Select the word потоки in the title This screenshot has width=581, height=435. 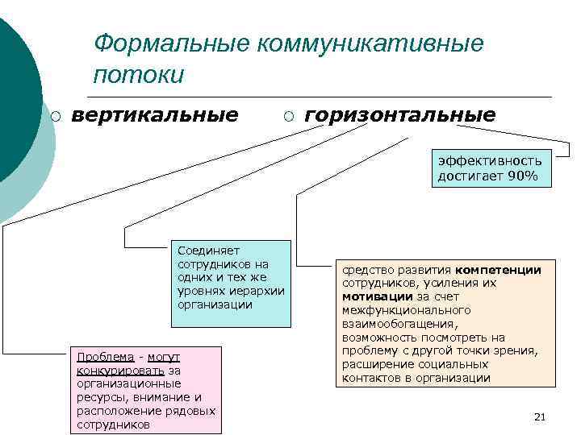(x=139, y=75)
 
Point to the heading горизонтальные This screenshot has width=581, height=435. (x=400, y=116)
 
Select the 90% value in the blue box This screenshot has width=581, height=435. (x=523, y=175)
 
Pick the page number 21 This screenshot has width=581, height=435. (x=541, y=416)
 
